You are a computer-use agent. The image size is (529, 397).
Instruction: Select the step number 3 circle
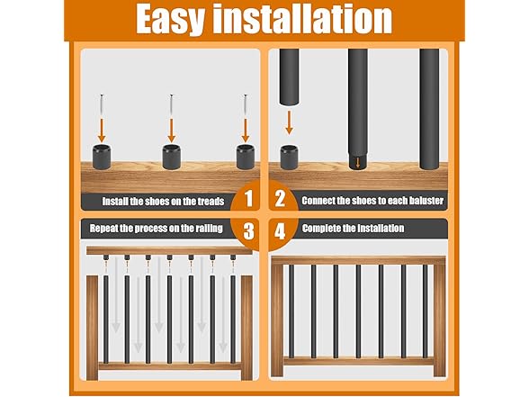(248, 230)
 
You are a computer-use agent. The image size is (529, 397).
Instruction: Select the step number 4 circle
(280, 230)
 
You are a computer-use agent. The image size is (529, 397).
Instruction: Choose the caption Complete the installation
(353, 229)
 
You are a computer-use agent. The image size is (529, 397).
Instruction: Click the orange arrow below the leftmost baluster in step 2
(290, 122)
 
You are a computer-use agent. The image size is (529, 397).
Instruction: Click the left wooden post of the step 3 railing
(93, 326)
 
